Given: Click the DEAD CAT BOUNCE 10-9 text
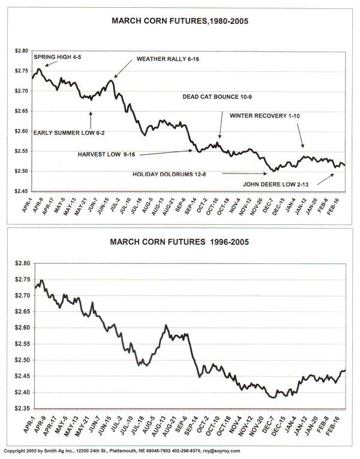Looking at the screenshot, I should click(218, 97).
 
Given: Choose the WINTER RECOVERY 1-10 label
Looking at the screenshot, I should click(267, 115).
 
